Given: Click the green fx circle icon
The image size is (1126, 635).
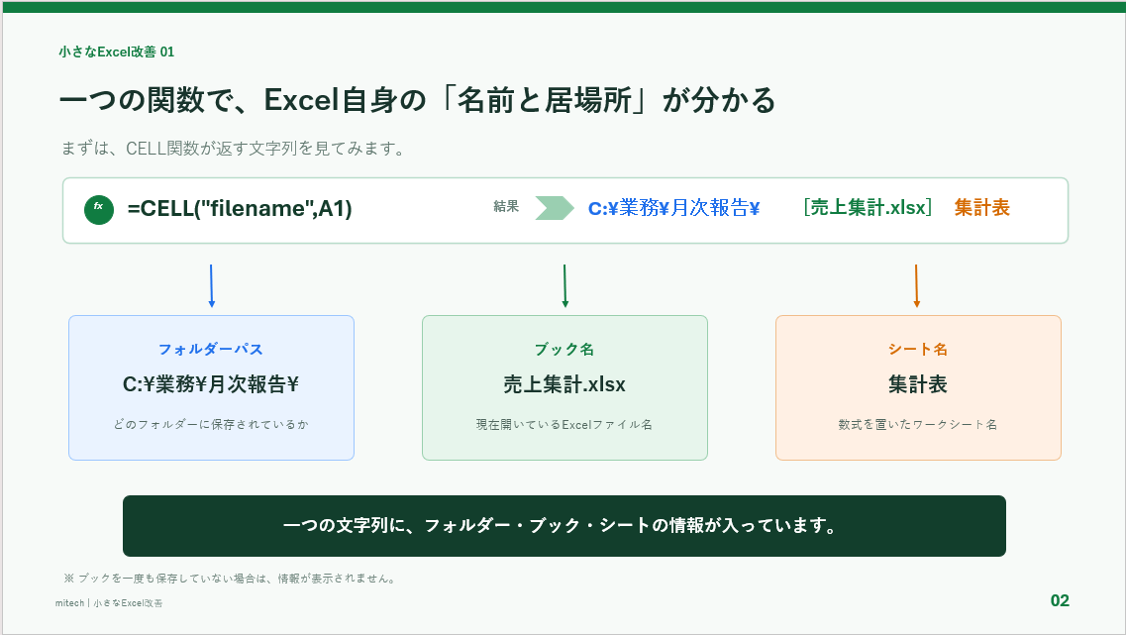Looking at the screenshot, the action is click(99, 210).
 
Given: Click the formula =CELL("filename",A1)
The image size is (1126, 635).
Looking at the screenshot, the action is click(240, 209).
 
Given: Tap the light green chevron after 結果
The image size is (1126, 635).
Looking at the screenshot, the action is click(555, 208).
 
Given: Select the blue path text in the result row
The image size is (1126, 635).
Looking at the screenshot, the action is click(673, 208).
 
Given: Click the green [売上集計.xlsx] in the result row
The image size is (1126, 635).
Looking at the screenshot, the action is click(868, 208).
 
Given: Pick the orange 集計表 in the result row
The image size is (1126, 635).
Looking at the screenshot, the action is click(981, 208).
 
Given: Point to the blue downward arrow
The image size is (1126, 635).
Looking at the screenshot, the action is click(211, 286).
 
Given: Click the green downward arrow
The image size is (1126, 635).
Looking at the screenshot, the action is click(565, 286).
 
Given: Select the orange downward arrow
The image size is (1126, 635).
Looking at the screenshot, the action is click(916, 286).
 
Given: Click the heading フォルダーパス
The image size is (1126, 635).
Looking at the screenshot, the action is click(211, 349).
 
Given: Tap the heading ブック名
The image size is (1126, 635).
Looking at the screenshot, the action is click(564, 349).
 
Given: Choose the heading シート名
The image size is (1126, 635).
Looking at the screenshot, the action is click(918, 349).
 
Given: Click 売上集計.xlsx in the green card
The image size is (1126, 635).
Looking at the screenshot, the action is click(564, 384).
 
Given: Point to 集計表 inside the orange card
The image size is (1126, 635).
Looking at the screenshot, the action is click(918, 384).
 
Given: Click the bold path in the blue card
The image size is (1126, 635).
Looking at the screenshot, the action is click(211, 384).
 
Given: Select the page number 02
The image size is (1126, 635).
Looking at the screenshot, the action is click(1060, 600).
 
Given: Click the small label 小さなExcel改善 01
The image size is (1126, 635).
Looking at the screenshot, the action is click(116, 52).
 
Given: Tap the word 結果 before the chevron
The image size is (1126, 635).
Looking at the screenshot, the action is click(506, 207).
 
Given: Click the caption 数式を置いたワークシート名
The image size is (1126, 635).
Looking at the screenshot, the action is click(918, 425).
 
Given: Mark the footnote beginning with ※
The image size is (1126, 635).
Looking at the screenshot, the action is click(230, 579).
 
